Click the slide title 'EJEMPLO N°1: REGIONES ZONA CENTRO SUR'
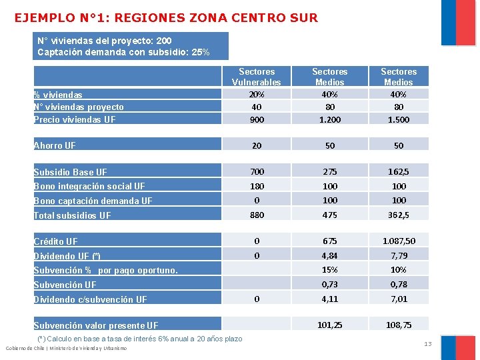click(x=166, y=17)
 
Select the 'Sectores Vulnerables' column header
click(x=257, y=77)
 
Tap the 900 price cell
click(x=257, y=119)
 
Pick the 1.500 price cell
click(x=399, y=119)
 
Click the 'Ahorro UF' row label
click(x=55, y=145)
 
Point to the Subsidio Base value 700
click(x=257, y=172)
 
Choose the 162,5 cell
click(x=399, y=172)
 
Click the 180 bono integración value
click(x=257, y=186)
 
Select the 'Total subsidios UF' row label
click(x=72, y=215)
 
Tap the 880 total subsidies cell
click(x=257, y=215)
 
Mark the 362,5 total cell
click(x=399, y=215)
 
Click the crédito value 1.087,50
click(x=399, y=241)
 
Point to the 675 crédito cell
click(x=330, y=241)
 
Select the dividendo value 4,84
click(x=330, y=255)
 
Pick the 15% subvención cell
click(x=330, y=270)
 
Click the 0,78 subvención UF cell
click(x=399, y=285)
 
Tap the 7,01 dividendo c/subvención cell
click(x=399, y=299)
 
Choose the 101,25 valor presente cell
click(x=330, y=325)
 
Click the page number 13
click(x=428, y=344)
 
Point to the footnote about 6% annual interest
click(x=140, y=339)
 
